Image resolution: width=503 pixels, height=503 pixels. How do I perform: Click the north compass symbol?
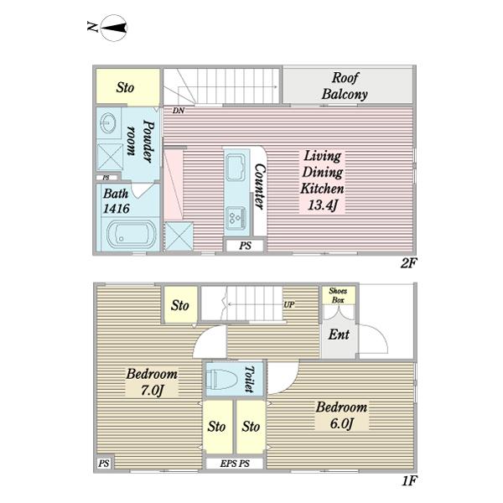[x=113, y=28]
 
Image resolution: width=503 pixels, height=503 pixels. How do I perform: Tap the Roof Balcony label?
[x=345, y=86]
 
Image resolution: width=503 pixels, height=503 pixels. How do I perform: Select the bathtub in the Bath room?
[x=132, y=233]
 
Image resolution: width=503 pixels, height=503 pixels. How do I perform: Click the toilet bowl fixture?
[x=221, y=379]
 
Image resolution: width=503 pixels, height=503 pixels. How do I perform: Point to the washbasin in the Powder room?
[x=108, y=123]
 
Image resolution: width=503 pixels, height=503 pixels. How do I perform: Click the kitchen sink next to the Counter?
[x=236, y=168]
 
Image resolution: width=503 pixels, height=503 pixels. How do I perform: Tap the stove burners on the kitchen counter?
[x=235, y=218]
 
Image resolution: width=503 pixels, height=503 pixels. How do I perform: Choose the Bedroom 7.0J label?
[x=152, y=382]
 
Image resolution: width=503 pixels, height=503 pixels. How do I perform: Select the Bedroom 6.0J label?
[x=342, y=415]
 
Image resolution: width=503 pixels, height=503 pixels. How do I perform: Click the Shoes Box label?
[x=338, y=295]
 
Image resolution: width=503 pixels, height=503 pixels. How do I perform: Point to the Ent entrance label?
[x=339, y=334]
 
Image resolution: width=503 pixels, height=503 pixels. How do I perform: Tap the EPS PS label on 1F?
[x=235, y=464]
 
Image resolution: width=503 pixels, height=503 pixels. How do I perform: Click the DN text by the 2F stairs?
[x=179, y=111]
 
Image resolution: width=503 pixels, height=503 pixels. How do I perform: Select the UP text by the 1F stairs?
[x=288, y=305]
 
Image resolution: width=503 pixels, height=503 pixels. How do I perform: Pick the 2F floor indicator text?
[x=408, y=263]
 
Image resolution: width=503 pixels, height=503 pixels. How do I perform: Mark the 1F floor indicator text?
[x=409, y=481]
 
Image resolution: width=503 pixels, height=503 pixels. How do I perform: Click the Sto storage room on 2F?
[x=128, y=86]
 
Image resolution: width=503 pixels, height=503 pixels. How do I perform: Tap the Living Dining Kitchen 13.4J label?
[x=323, y=180]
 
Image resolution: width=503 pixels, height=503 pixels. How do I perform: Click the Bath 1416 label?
[x=117, y=201]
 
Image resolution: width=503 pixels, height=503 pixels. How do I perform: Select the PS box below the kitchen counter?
[x=245, y=246]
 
